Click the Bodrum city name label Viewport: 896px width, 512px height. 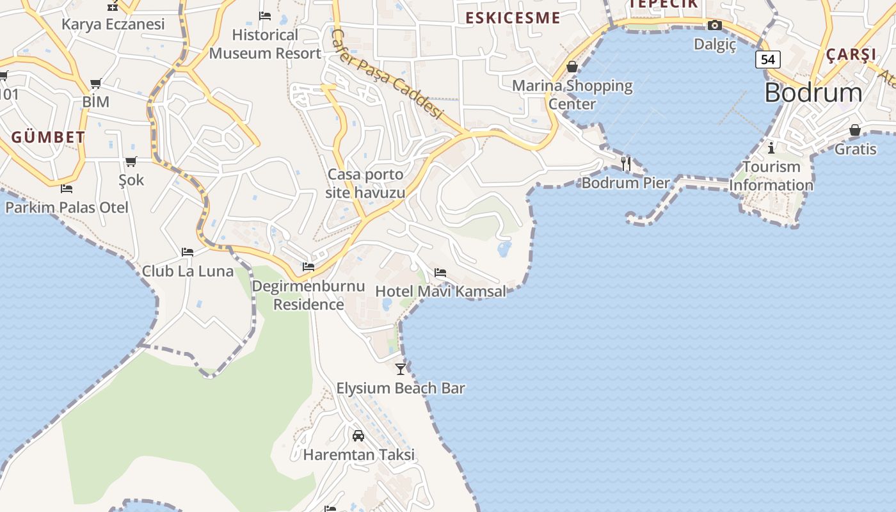(x=813, y=93)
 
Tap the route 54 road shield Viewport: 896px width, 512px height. (x=768, y=60)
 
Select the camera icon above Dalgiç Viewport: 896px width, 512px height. (x=715, y=26)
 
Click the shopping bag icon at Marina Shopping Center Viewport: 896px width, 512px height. (x=572, y=67)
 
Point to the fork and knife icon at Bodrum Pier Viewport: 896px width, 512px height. (x=626, y=164)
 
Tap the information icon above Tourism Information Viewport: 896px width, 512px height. (x=771, y=148)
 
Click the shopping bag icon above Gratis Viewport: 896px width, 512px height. (x=855, y=131)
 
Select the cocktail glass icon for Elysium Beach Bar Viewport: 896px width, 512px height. (x=401, y=369)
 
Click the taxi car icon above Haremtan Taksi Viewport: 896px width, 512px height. (x=358, y=436)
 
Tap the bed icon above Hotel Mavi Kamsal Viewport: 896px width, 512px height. (x=440, y=273)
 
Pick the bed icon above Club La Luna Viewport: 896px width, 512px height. (x=188, y=252)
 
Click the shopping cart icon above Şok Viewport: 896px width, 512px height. (x=131, y=161)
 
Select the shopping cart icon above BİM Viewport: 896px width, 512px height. (x=96, y=83)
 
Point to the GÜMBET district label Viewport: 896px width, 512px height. (x=48, y=137)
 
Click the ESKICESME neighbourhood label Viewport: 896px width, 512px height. (x=513, y=18)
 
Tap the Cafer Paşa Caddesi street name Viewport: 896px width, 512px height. (x=388, y=73)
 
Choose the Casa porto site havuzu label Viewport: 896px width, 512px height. (x=365, y=183)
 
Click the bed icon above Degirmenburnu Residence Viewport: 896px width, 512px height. (x=308, y=266)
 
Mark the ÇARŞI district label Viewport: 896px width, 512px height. (x=851, y=54)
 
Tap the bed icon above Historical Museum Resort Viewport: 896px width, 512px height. (x=265, y=16)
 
